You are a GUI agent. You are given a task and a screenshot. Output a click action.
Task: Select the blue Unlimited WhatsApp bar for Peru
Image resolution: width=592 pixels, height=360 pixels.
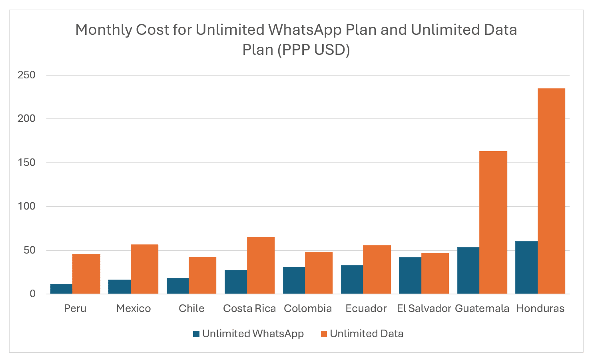[61, 289]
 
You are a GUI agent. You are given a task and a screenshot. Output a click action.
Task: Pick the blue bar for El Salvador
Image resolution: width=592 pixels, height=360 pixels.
[410, 276]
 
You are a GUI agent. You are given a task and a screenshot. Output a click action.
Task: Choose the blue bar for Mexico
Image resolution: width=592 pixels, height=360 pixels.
[119, 287]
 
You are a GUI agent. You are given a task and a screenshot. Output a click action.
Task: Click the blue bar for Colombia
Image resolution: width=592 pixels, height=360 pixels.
[294, 280]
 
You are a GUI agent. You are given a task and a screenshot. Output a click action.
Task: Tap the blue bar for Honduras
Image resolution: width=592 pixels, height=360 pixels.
[526, 268]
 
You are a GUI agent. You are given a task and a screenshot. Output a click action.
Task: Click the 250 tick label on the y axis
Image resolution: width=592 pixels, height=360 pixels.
[26, 75]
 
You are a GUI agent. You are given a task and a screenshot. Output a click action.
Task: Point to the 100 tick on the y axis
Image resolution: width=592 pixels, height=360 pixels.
[26, 206]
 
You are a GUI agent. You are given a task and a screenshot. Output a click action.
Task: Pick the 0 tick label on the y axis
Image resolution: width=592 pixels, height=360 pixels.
[32, 294]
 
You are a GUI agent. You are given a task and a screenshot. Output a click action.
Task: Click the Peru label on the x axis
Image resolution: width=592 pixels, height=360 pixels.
[75, 308]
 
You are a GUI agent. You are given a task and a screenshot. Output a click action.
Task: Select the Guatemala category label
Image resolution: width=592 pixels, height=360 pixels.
[482, 308]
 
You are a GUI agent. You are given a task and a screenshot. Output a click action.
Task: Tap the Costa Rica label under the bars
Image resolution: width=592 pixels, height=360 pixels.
[249, 308]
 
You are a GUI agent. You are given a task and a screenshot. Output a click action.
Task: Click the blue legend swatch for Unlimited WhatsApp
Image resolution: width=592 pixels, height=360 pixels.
[196, 334]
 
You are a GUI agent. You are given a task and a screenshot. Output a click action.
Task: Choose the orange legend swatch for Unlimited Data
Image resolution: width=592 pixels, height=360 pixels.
[324, 334]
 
